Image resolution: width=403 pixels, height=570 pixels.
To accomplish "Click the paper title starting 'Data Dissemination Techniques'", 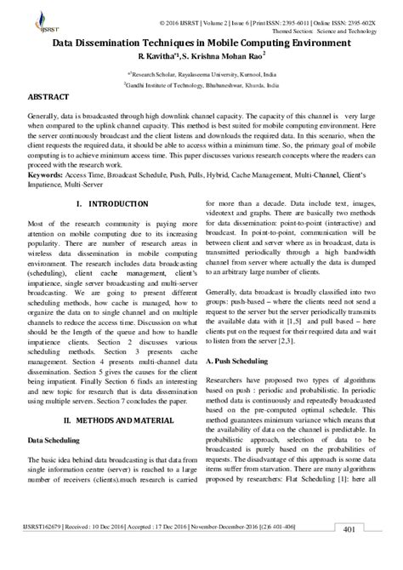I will [201, 42].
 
